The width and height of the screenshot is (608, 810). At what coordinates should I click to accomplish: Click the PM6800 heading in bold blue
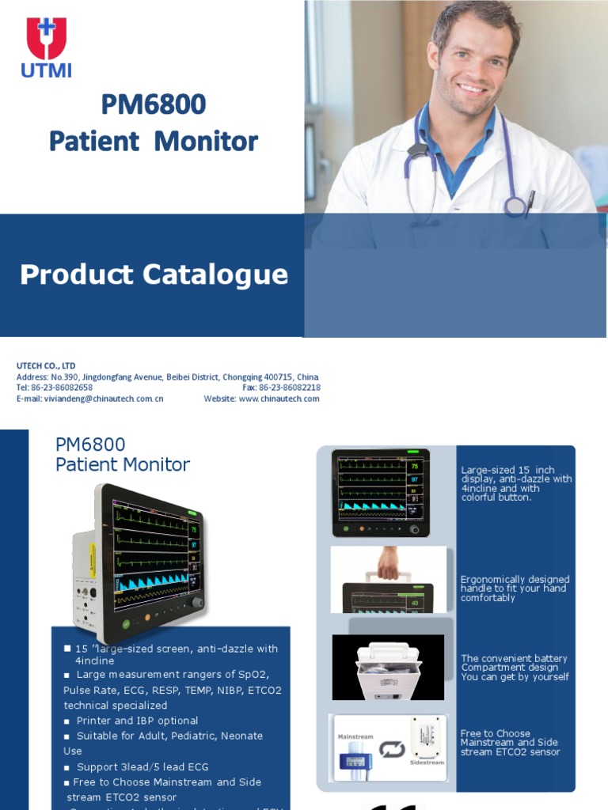pyautogui.click(x=153, y=104)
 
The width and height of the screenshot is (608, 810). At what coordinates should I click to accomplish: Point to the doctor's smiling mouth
pyautogui.click(x=473, y=88)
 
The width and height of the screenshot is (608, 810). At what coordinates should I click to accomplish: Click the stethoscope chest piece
pyautogui.click(x=516, y=206)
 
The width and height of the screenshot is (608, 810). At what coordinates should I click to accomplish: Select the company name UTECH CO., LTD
pyautogui.click(x=46, y=365)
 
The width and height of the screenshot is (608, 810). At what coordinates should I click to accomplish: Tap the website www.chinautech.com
pyautogui.click(x=279, y=399)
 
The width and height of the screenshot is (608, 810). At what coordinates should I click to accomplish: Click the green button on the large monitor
pyautogui.click(x=125, y=624)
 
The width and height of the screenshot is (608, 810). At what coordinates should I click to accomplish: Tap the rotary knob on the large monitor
pyautogui.click(x=197, y=604)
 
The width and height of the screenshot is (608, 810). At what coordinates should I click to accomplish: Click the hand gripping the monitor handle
pyautogui.click(x=389, y=562)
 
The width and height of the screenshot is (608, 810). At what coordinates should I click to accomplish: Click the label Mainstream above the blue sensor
pyautogui.click(x=355, y=736)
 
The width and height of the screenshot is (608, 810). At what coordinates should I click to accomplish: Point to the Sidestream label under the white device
pyautogui.click(x=428, y=763)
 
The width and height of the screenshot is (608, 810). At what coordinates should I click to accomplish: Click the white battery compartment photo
pyautogui.click(x=388, y=667)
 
